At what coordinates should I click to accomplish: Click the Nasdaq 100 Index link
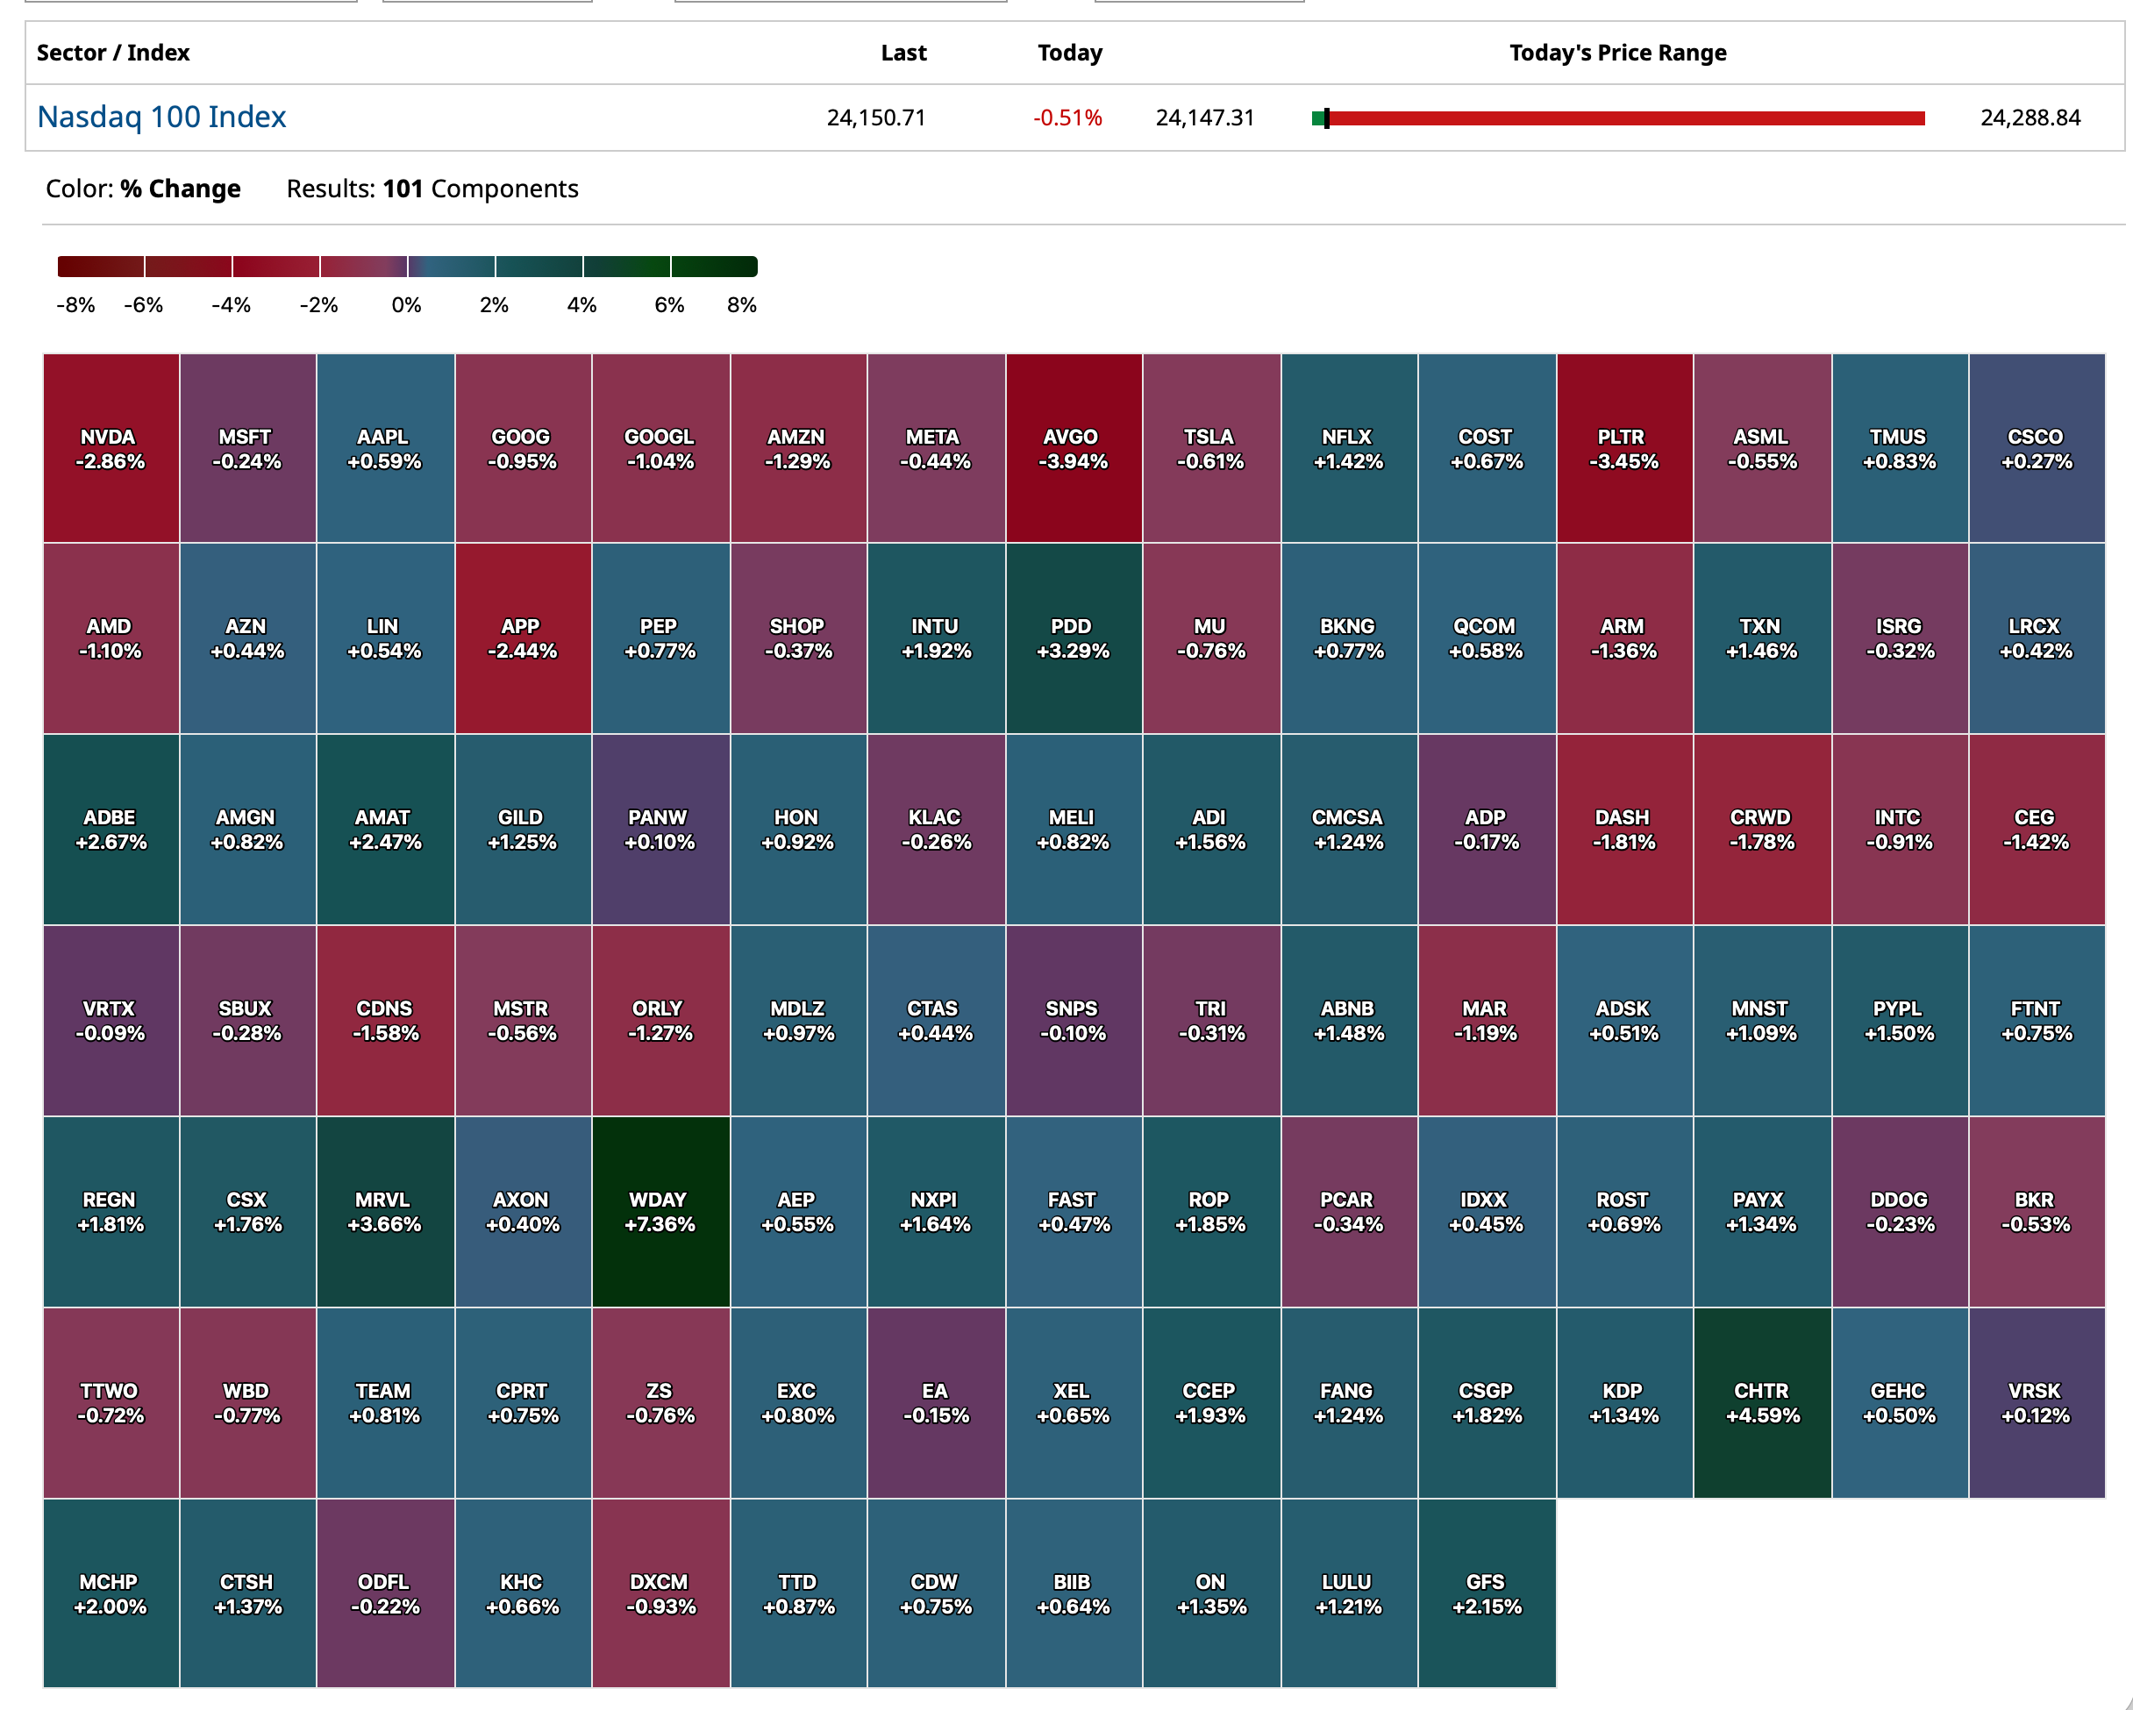(x=161, y=117)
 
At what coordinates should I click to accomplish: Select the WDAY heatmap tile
(x=660, y=1212)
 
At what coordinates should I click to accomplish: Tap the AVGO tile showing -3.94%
(x=1073, y=448)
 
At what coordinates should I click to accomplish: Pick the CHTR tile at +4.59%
(x=1761, y=1402)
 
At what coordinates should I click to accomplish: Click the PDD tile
(x=1073, y=638)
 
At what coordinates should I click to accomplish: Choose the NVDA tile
(x=110, y=448)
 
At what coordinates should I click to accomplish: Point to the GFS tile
(x=1486, y=1593)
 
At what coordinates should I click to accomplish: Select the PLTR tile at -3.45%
(x=1623, y=448)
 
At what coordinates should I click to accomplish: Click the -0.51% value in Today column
(x=1066, y=118)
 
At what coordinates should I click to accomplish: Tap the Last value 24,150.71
(x=875, y=118)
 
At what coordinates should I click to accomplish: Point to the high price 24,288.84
(x=2030, y=118)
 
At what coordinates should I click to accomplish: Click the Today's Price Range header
(x=1616, y=53)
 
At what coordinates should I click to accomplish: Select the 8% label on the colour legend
(x=741, y=304)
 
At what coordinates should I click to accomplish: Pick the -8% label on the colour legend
(x=75, y=304)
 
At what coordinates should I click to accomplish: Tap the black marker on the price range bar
(x=1327, y=118)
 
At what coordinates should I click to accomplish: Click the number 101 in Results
(x=403, y=189)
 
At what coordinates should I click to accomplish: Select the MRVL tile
(x=384, y=1212)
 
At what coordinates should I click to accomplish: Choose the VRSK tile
(x=2035, y=1402)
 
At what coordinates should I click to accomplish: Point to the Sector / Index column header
(x=113, y=53)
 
